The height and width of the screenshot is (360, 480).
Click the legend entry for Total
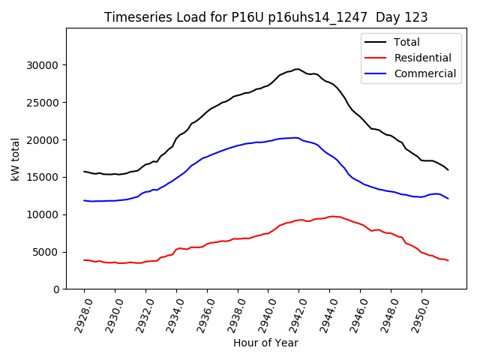tap(406, 42)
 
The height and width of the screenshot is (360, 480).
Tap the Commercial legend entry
tap(424, 73)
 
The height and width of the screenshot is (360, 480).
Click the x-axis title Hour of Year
tap(265, 343)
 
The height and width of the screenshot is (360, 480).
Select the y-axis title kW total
tap(15, 159)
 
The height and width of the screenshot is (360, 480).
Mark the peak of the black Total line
tap(297, 69)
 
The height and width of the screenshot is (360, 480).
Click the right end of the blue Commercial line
tap(448, 198)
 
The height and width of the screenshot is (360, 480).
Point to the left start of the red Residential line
tap(84, 260)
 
